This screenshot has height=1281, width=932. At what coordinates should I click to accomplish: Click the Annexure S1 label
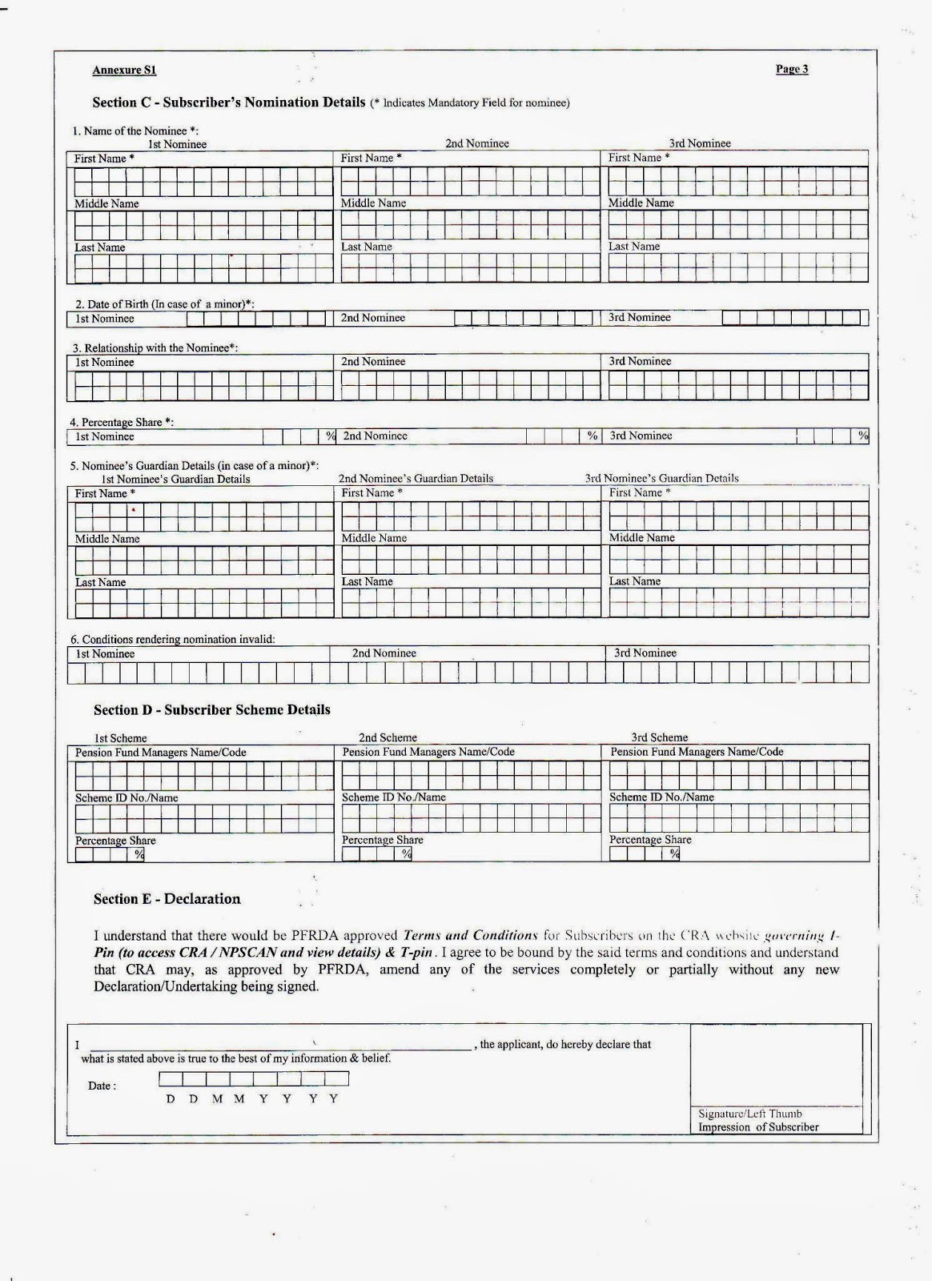tap(124, 70)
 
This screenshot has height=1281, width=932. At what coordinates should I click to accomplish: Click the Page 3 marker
tap(791, 69)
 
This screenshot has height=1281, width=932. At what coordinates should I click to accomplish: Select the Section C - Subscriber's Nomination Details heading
tap(229, 102)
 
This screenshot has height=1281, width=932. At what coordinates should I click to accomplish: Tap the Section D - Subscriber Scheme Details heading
tap(211, 710)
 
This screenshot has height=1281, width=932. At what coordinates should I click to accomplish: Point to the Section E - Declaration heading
tap(167, 899)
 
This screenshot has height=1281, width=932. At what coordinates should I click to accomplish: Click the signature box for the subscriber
tap(775, 1065)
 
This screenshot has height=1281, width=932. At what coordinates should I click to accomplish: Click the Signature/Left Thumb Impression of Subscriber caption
tap(757, 1120)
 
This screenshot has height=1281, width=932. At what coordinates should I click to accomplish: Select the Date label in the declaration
tap(102, 1086)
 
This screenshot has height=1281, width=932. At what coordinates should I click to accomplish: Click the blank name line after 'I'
tap(280, 1045)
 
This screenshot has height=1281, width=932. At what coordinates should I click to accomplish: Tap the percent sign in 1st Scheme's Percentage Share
tap(139, 854)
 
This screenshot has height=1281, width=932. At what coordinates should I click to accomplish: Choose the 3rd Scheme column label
tap(659, 737)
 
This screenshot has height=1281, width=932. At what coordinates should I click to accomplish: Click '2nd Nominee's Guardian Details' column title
tap(416, 479)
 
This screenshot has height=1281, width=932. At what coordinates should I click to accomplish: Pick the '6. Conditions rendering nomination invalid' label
tap(172, 640)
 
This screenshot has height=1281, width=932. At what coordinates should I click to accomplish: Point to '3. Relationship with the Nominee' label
tap(155, 348)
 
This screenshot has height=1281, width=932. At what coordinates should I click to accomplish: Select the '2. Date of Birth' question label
tap(164, 304)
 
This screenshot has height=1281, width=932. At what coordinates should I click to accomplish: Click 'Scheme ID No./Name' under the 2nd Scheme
tap(393, 797)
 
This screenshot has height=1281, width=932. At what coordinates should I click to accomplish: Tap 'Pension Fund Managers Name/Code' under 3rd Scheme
tap(697, 752)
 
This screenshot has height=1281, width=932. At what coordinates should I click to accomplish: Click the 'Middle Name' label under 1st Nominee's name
tap(106, 204)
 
